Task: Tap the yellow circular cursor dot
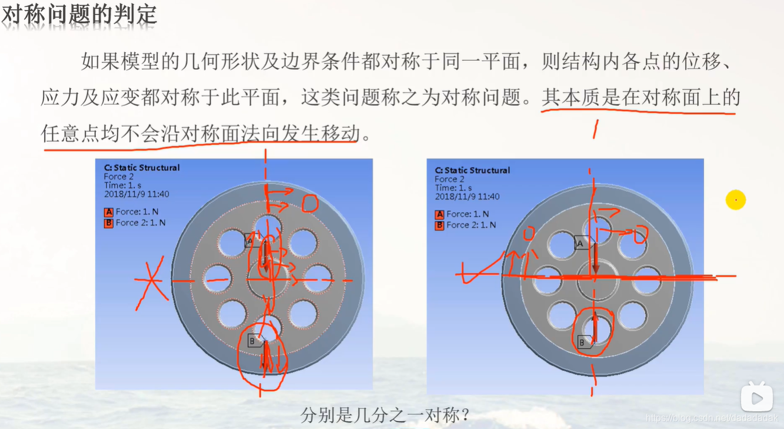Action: coord(735,200)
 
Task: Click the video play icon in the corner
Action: coord(756,398)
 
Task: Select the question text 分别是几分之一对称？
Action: coord(385,415)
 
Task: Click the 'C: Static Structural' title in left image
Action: coord(142,168)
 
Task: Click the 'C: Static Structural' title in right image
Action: coord(472,170)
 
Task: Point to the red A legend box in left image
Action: coord(108,212)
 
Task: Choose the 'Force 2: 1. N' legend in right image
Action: coord(471,225)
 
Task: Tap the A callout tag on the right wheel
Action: coord(581,242)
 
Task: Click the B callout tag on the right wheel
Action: coord(583,342)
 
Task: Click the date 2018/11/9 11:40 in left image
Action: coord(136,194)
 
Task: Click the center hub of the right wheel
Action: coord(595,281)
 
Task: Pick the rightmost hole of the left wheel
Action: coord(318,278)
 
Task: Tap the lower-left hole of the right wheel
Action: coord(561,315)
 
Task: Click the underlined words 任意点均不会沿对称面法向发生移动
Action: coord(200,134)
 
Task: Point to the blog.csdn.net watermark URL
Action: coord(712,417)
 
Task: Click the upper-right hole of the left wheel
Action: coord(303,242)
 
